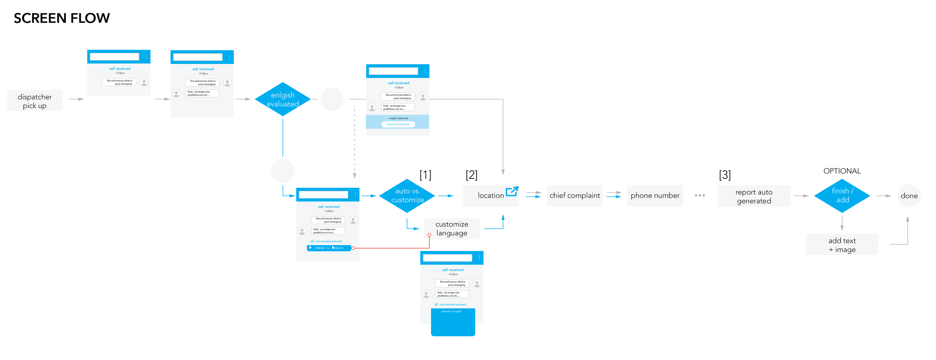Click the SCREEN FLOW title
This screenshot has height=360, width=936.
(62, 18)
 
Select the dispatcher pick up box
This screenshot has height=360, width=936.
(35, 101)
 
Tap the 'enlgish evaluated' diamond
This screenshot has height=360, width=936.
(283, 99)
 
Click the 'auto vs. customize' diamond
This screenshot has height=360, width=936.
(407, 196)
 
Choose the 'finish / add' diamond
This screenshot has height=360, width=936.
(842, 196)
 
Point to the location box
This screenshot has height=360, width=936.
(490, 196)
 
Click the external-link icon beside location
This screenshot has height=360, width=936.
(512, 191)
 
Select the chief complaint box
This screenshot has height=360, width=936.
(575, 196)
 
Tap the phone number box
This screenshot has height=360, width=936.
(655, 196)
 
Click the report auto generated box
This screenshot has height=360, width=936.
(754, 196)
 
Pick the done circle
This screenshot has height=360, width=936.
(909, 196)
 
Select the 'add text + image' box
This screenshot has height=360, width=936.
(842, 245)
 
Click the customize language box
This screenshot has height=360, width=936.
(452, 229)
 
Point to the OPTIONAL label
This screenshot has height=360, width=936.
(842, 171)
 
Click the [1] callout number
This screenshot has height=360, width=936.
(425, 175)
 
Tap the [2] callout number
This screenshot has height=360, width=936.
(471, 175)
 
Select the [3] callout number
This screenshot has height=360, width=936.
(725, 175)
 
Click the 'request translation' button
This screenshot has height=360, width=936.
(398, 124)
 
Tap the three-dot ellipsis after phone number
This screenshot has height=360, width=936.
(700, 195)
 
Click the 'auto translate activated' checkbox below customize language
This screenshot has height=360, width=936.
(437, 305)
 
